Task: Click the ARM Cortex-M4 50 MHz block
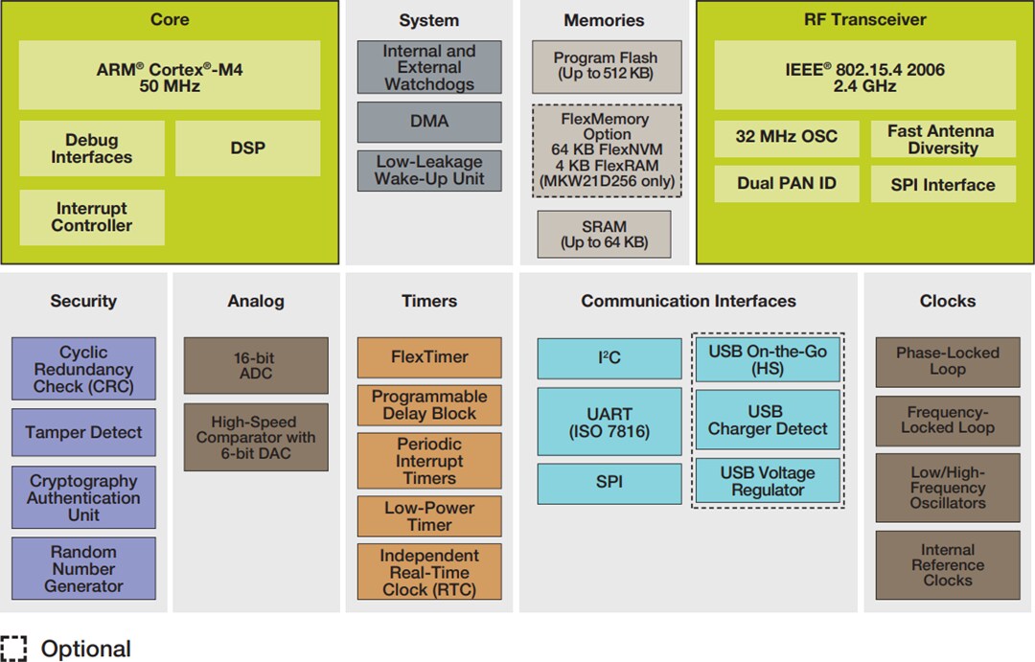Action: point(170,76)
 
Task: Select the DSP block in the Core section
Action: point(247,148)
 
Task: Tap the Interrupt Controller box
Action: point(92,217)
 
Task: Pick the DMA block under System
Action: point(428,122)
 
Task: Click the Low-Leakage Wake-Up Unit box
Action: point(428,171)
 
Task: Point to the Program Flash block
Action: point(606,66)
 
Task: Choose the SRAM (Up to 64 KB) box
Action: point(604,235)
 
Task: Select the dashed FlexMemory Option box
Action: point(606,150)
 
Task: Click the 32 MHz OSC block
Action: point(786,137)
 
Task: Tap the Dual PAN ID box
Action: point(786,184)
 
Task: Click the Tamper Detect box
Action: point(83,432)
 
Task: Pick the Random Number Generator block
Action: point(83,569)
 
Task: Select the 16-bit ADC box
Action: point(255,365)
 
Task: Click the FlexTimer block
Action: point(428,357)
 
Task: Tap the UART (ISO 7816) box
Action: point(609,422)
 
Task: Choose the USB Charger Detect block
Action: point(767,421)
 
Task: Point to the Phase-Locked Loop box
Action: point(947,361)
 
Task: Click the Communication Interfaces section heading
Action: point(688,301)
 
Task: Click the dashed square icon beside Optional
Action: point(14,649)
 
